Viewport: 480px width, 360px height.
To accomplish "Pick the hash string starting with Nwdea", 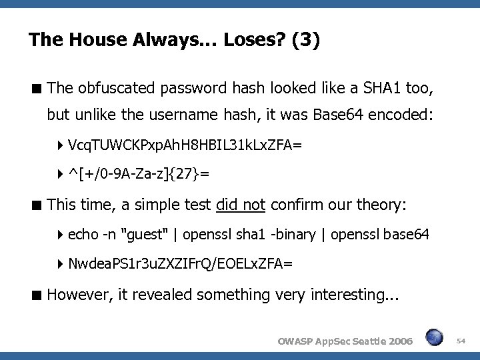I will (x=180, y=263).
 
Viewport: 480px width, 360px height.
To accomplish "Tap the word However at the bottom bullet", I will (x=75, y=294).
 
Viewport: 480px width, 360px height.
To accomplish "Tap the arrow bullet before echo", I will (x=61, y=234).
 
